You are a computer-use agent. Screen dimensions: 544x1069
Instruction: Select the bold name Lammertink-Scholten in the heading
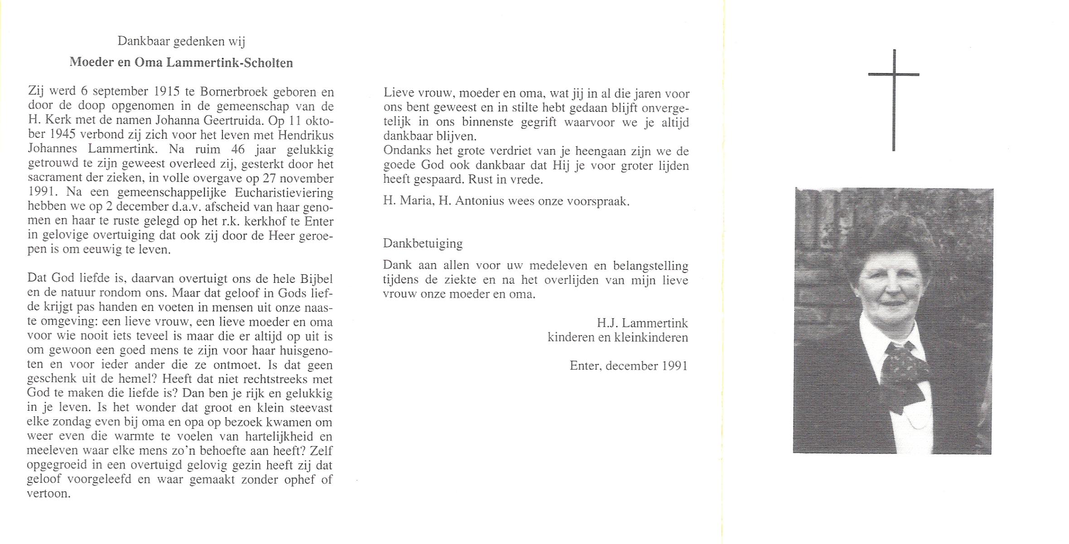point(230,63)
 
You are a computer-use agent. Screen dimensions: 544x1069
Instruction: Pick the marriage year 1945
point(62,135)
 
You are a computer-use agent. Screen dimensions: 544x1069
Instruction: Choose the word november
point(307,178)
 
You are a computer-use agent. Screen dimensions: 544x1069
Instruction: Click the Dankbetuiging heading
point(423,243)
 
